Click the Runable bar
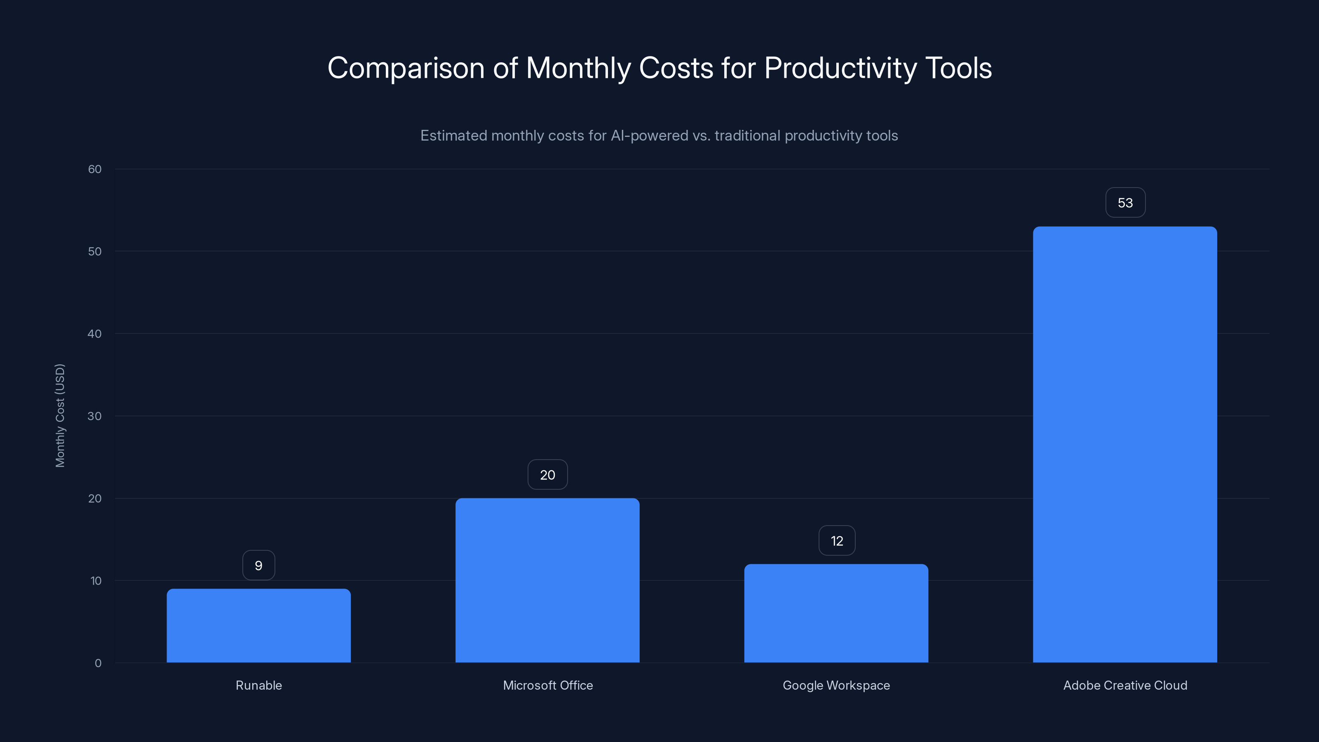258,625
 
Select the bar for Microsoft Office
547,580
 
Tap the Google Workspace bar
836,613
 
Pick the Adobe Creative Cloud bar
1125,444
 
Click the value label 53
1125,203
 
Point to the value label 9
258,565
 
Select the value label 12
837,541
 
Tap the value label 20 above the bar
547,475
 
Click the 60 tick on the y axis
95,169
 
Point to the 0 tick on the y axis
98,663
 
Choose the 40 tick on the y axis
95,334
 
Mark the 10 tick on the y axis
96,581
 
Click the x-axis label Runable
258,685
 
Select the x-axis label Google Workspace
836,685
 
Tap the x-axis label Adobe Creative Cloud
1125,685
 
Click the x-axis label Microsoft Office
547,685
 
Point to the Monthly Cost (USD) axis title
60,415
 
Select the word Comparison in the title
406,68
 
